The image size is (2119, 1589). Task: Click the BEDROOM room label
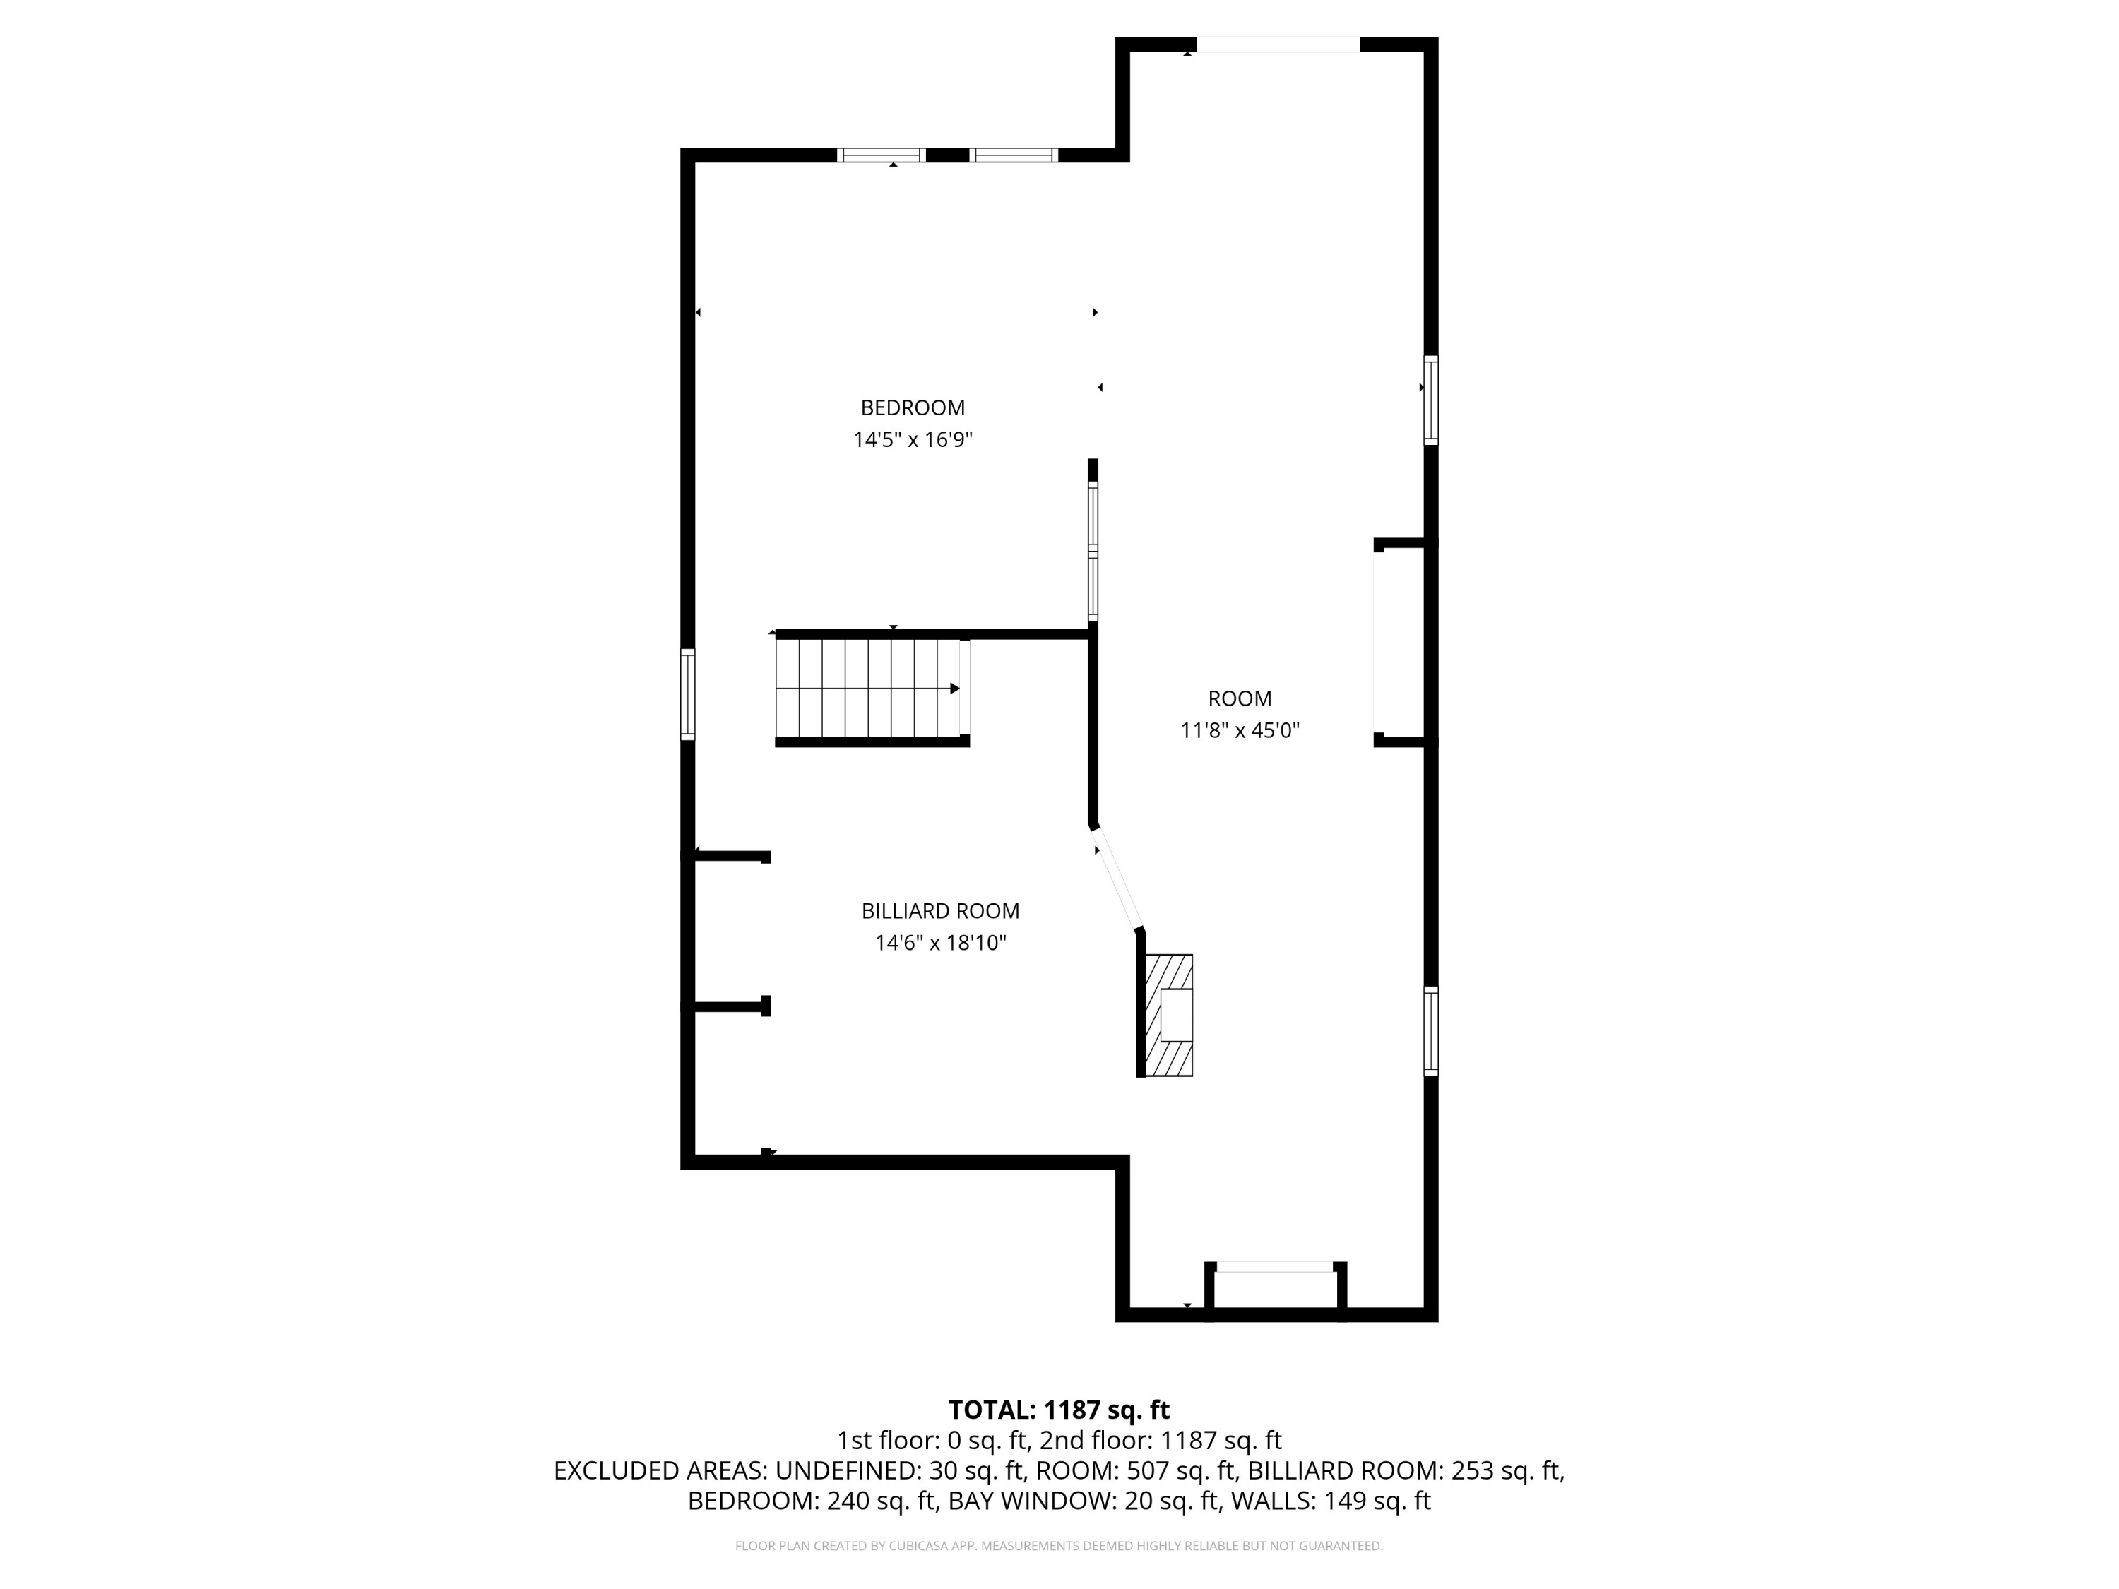[912, 408]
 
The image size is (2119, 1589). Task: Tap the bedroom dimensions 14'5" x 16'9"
[913, 440]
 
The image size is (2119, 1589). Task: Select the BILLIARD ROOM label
[939, 911]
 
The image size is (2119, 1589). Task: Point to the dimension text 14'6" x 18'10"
[939, 944]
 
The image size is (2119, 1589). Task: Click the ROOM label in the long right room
[1240, 699]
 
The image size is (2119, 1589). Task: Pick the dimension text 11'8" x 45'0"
[1240, 731]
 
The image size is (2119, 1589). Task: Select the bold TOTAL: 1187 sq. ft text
[1059, 1410]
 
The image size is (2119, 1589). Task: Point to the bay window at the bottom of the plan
[1275, 1290]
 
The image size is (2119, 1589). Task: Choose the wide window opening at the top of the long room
[1278, 44]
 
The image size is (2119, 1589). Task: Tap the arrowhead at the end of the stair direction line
[955, 689]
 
